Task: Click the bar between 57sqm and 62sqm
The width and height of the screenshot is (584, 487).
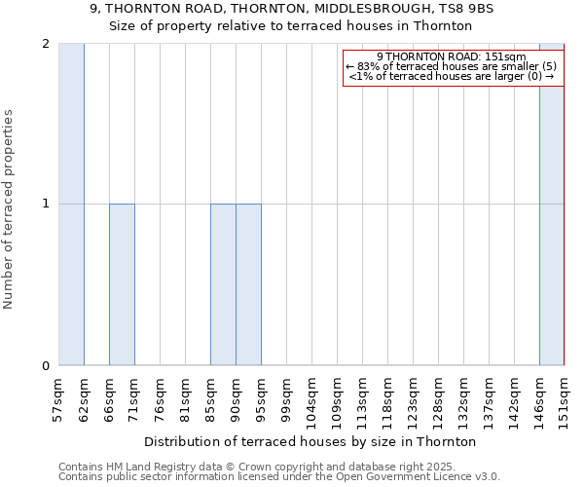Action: tap(71, 205)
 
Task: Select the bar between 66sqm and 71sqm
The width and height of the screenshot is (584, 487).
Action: tap(122, 284)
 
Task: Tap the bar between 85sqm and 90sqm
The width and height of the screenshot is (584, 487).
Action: tap(223, 284)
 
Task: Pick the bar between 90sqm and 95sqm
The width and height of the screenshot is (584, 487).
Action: tap(248, 284)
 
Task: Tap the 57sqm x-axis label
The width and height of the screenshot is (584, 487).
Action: tap(58, 397)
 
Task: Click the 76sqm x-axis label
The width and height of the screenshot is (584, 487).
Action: tap(160, 397)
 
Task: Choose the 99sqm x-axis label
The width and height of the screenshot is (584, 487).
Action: tap(286, 397)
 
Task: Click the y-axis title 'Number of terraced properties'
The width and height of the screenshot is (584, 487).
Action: tap(10, 209)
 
